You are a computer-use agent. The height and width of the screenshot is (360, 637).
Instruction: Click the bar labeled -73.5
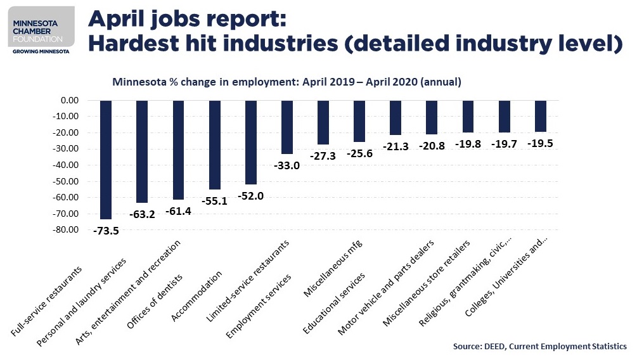coord(106,159)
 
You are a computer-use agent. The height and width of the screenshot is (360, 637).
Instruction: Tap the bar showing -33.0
coord(286,127)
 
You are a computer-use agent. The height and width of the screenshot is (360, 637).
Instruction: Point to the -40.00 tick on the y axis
coord(65,165)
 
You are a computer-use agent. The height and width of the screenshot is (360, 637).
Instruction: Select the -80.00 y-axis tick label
coord(65,229)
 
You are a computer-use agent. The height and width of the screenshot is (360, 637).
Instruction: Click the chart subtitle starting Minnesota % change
coord(286,82)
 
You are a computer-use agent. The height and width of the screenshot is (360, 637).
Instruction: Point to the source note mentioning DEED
coord(539,347)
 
